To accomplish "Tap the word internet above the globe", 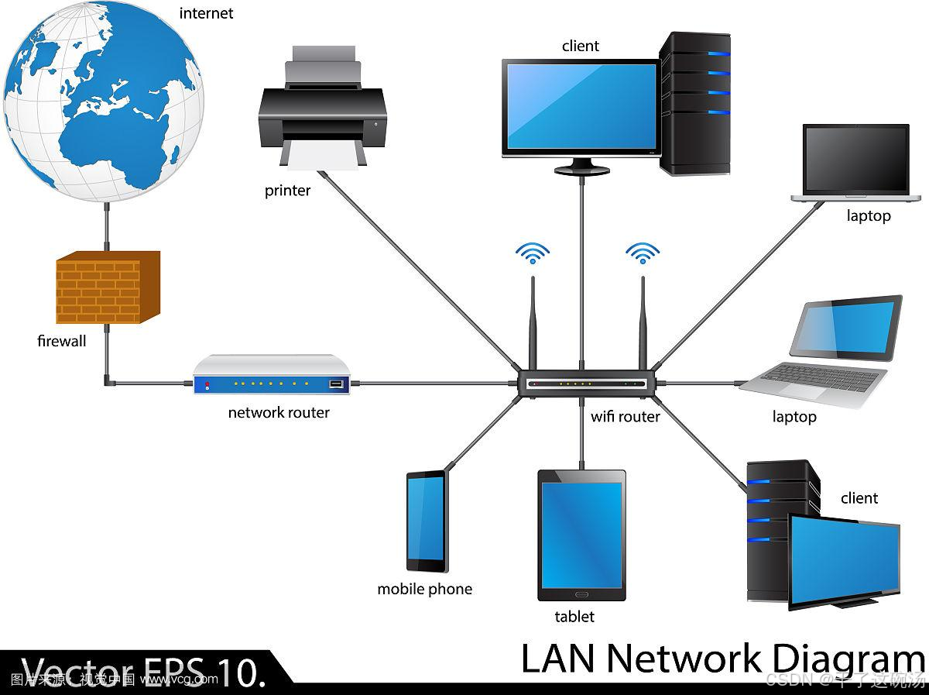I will click(x=206, y=13).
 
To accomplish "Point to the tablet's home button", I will click(x=581, y=594).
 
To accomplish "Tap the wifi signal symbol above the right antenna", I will click(x=643, y=253).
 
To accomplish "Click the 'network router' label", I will click(x=279, y=413).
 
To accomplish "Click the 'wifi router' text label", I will click(x=626, y=417).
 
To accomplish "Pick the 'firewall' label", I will click(x=62, y=341).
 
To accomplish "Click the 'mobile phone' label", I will click(x=424, y=590).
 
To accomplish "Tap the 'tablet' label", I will click(x=574, y=617).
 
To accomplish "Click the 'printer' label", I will click(x=287, y=191).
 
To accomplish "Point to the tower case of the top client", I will click(x=695, y=102).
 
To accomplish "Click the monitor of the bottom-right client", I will click(x=844, y=556).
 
